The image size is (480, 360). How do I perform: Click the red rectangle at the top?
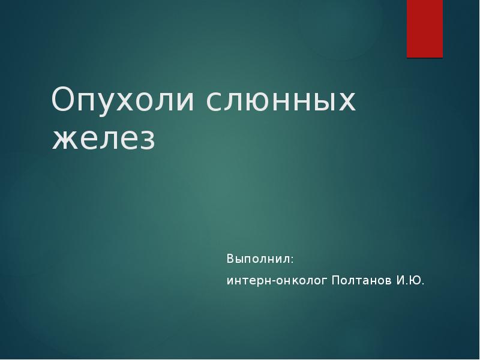[425, 28]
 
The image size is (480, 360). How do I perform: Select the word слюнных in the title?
[281, 101]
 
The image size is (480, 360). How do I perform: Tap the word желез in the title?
[104, 139]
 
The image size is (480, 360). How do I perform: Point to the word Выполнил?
[259, 259]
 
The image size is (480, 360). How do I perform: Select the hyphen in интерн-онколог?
[272, 281]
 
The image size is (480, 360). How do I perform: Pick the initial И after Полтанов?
[400, 280]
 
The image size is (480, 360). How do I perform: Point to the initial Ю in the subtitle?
[415, 280]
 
